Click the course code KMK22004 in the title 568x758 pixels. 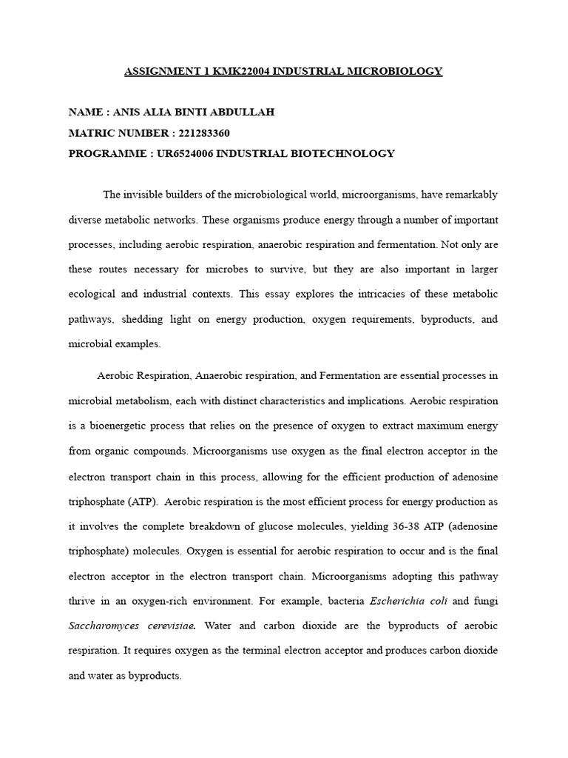[x=238, y=71]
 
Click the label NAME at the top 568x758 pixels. [x=85, y=113]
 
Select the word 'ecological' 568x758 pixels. [x=92, y=294]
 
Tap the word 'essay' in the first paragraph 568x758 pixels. [x=263, y=294]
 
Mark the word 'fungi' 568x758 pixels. [x=485, y=601]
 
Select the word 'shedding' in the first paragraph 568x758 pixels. [x=135, y=319]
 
